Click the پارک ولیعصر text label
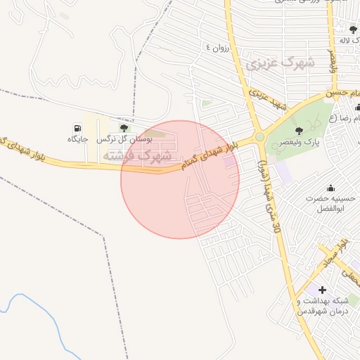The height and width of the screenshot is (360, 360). [x=311, y=142]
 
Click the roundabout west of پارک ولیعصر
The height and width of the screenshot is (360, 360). [x=259, y=136]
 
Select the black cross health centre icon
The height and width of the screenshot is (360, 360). [x=322, y=289]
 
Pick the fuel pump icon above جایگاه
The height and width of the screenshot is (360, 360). [x=77, y=128]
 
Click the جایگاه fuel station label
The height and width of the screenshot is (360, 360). [x=77, y=140]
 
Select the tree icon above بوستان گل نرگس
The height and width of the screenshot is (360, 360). [x=124, y=128]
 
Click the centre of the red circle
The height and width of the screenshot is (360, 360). [x=180, y=179]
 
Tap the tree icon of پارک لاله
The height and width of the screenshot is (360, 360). [x=353, y=29]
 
